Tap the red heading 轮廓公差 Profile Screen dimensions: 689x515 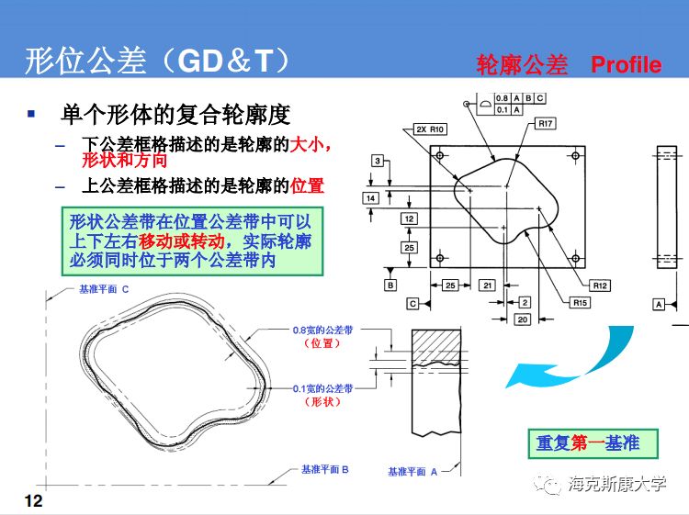[x=569, y=64]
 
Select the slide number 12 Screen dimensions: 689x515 [x=33, y=500]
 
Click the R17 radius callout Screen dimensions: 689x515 [x=545, y=123]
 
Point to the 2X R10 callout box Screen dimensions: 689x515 [x=429, y=129]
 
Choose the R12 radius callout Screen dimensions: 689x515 [x=600, y=285]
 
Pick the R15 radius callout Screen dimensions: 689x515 [x=580, y=302]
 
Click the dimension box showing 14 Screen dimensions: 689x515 [x=371, y=198]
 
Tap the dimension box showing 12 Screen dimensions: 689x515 [x=409, y=218]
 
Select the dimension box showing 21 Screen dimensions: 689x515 [x=488, y=285]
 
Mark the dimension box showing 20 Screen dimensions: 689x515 [x=522, y=319]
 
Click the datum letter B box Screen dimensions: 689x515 [x=390, y=285]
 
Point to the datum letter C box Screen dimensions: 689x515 [x=413, y=303]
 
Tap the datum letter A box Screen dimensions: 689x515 [x=659, y=303]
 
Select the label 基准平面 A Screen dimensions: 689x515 [x=412, y=471]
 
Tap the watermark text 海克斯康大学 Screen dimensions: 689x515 [x=617, y=485]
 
